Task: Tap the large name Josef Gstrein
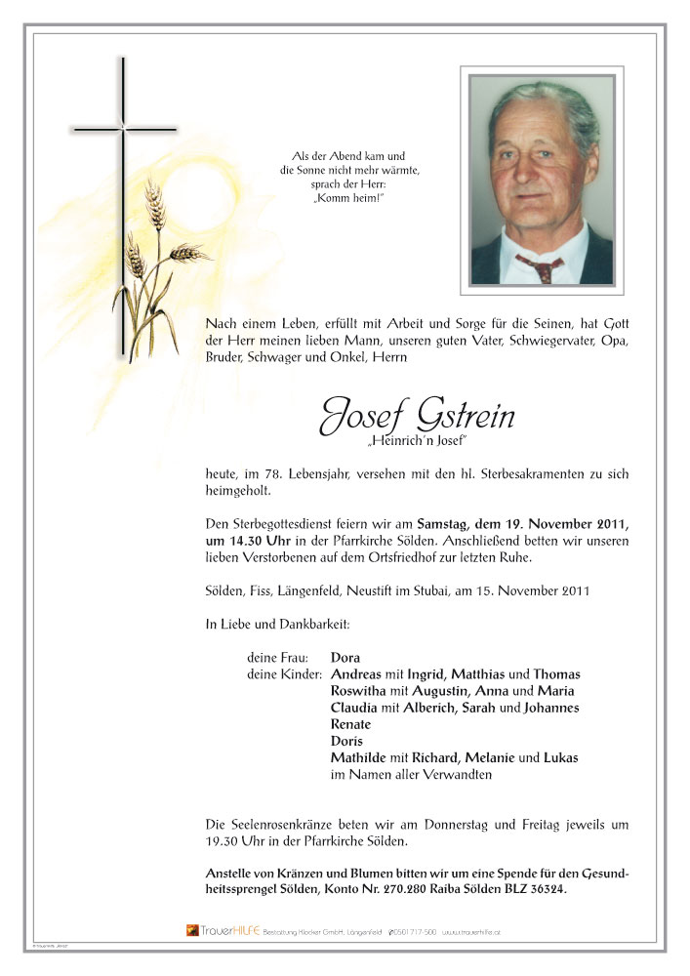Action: (x=417, y=418)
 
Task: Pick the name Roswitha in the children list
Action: (x=362, y=690)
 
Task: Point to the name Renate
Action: (x=352, y=724)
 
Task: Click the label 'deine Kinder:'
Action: (x=285, y=674)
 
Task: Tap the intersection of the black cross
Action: (x=123, y=128)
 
